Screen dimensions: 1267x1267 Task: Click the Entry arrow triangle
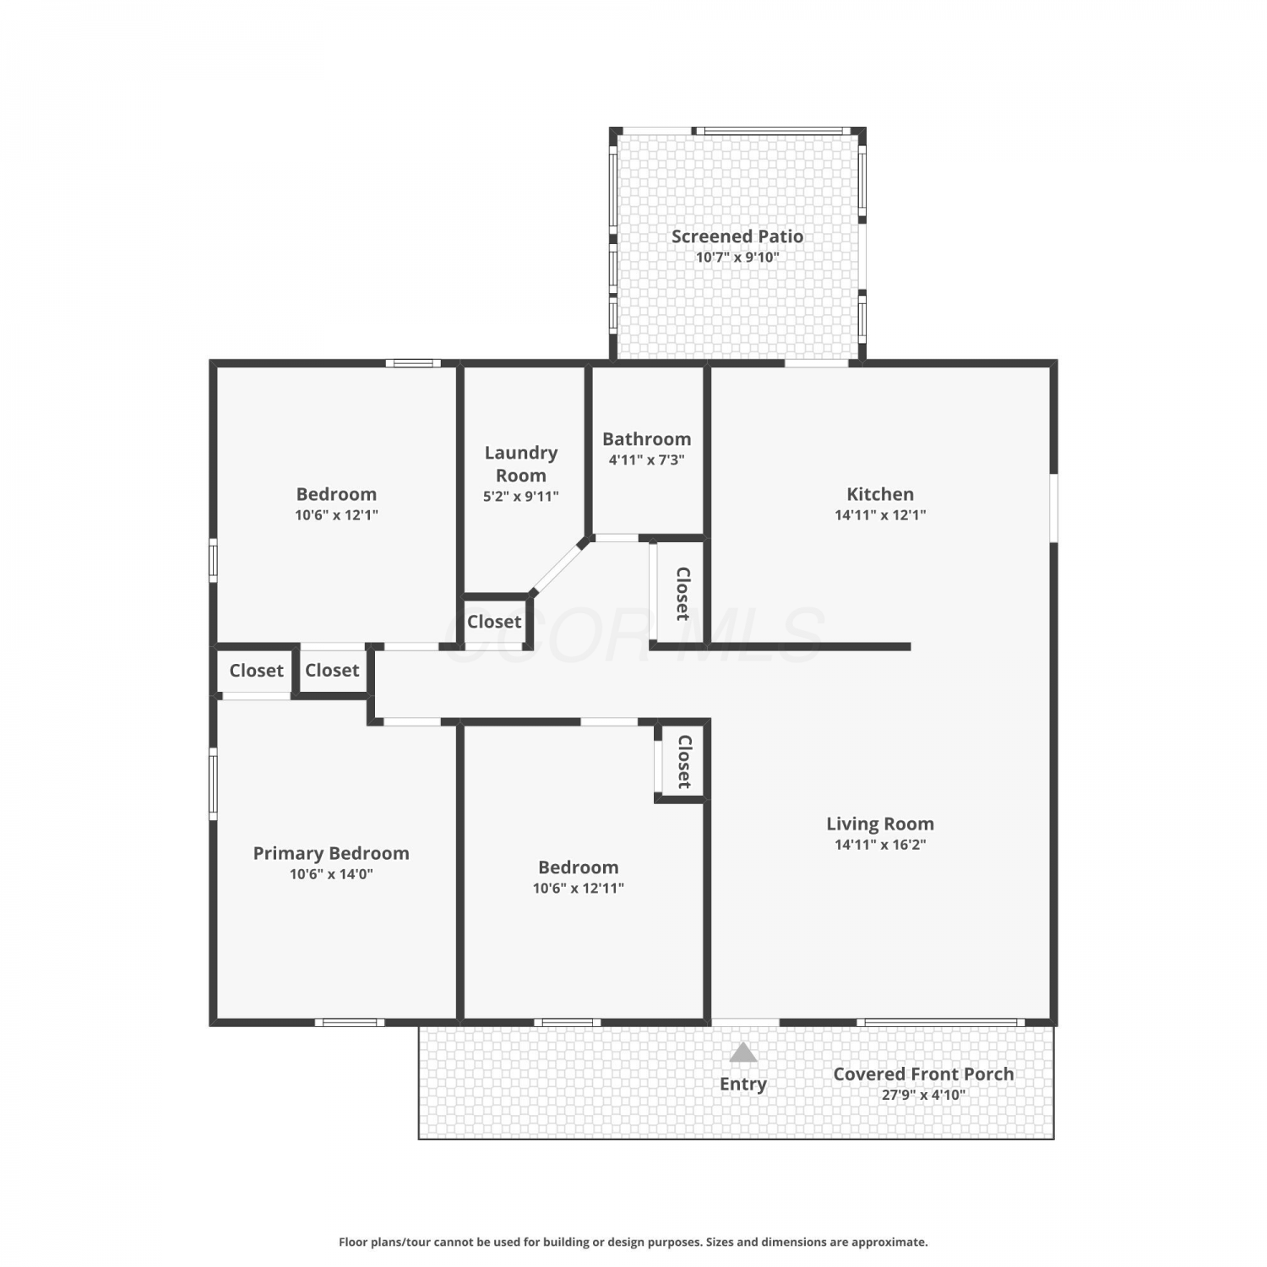pyautogui.click(x=743, y=1052)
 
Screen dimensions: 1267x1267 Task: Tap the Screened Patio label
pyautogui.click(x=737, y=237)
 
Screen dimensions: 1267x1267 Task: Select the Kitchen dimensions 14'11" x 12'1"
pyautogui.click(x=880, y=514)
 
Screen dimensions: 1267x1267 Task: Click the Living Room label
pyautogui.click(x=880, y=824)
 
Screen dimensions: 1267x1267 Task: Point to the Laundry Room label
pyautogui.click(x=521, y=464)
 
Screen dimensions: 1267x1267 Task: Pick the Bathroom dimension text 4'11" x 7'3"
pyautogui.click(x=646, y=459)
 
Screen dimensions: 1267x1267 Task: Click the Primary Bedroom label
pyautogui.click(x=331, y=853)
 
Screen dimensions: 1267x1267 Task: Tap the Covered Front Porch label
pyautogui.click(x=923, y=1074)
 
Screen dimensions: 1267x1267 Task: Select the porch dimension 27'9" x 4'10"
pyautogui.click(x=923, y=1095)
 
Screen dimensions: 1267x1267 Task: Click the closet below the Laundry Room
pyautogui.click(x=494, y=622)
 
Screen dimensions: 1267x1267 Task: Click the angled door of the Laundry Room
pyautogui.click(x=559, y=566)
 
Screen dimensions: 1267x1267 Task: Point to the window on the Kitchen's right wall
pyautogui.click(x=1053, y=508)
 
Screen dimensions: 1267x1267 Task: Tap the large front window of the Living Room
pyautogui.click(x=941, y=1022)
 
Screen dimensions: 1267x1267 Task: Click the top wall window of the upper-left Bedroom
pyautogui.click(x=413, y=363)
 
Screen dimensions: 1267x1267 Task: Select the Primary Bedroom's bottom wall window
pyautogui.click(x=350, y=1022)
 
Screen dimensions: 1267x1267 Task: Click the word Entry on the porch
pyautogui.click(x=743, y=1084)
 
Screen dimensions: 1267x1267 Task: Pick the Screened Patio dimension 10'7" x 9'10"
pyautogui.click(x=737, y=258)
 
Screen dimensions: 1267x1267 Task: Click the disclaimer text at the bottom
pyautogui.click(x=633, y=1242)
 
